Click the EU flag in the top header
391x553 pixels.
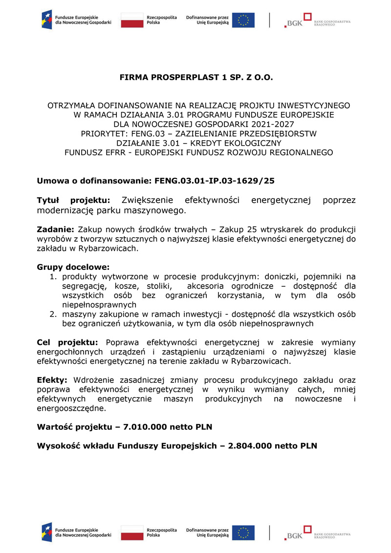(243, 20)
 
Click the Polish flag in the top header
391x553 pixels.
(130, 20)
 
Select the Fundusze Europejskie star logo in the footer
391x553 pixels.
(47, 532)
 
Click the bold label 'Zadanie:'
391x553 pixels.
(55, 229)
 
